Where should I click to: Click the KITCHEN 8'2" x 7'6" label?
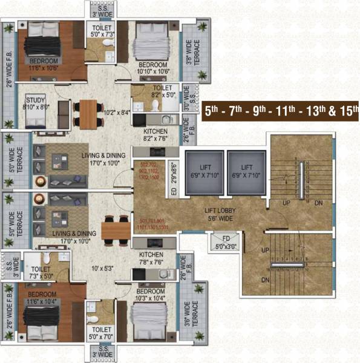155,134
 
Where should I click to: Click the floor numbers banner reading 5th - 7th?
280,111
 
